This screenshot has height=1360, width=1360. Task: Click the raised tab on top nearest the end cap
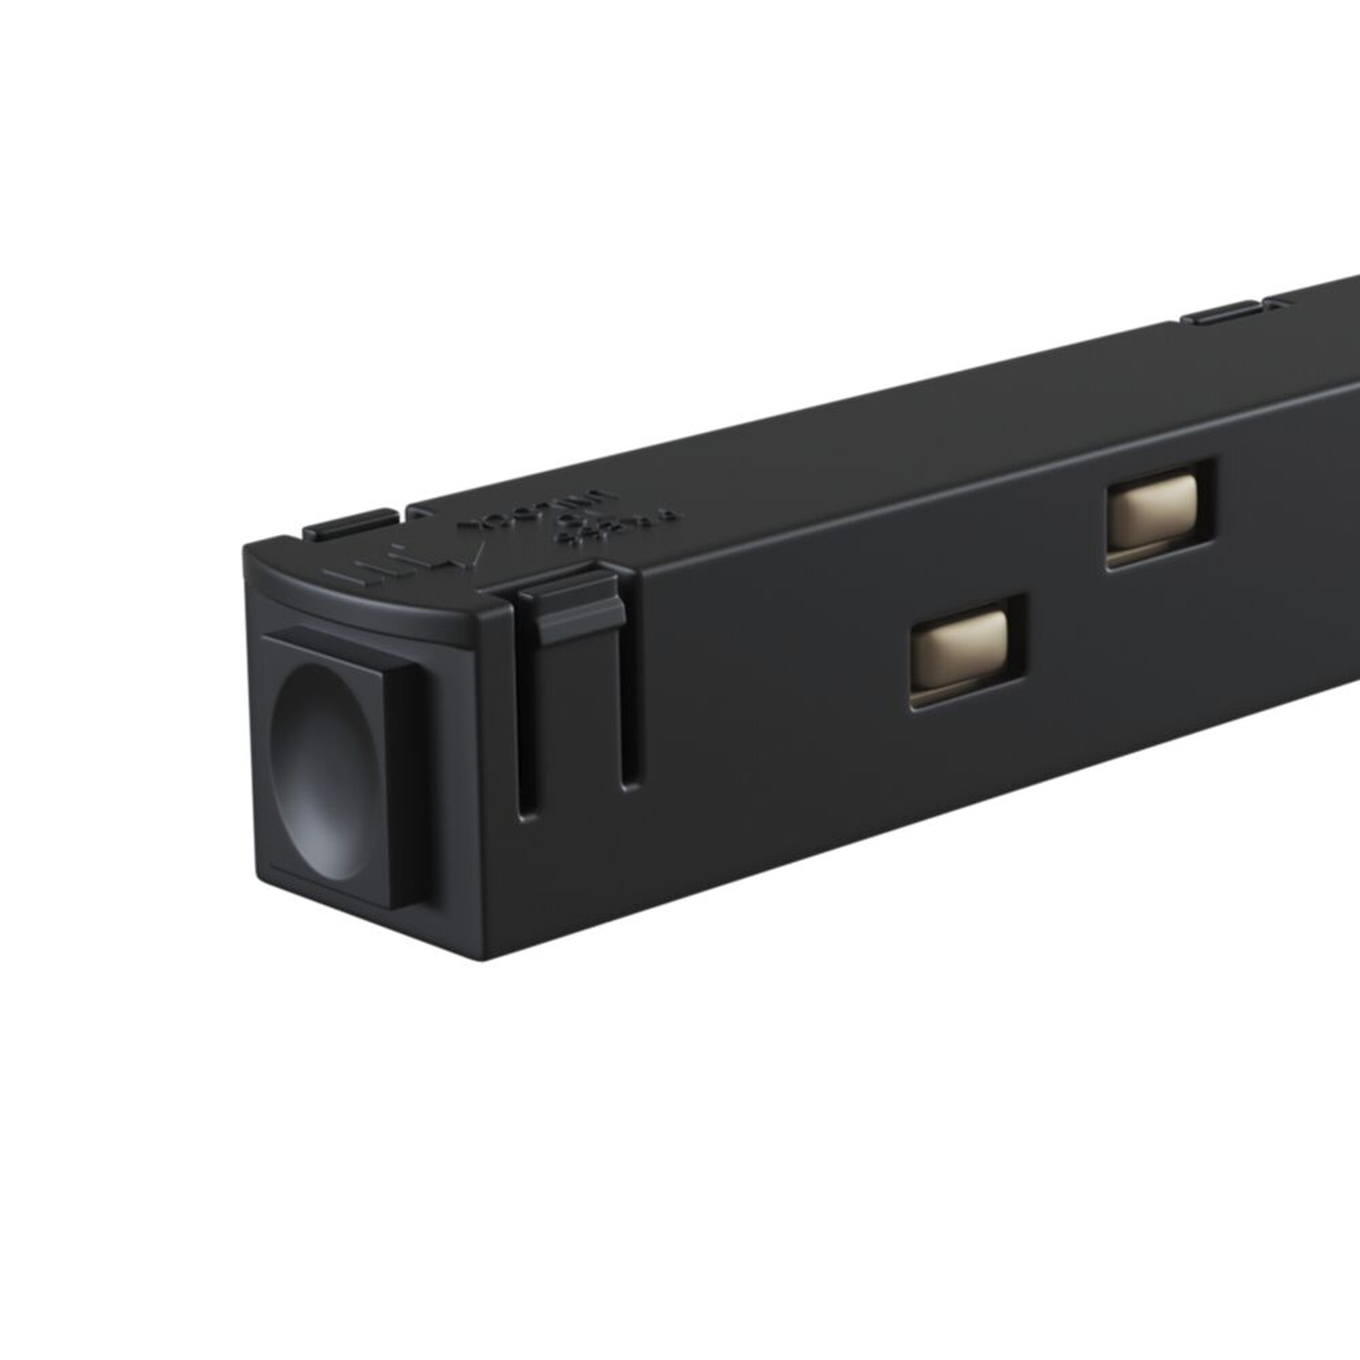coord(350,524)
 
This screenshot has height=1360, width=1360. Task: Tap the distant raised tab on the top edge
coord(1221,313)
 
